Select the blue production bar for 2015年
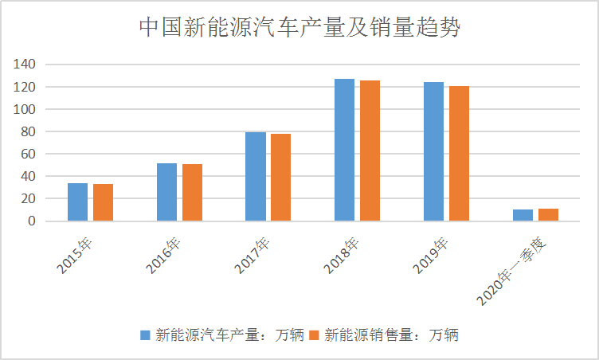(77, 202)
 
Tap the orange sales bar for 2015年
(103, 202)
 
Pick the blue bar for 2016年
(166, 192)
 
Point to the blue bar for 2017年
(256, 177)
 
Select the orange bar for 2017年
(281, 178)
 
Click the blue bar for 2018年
(345, 150)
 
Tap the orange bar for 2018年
(370, 151)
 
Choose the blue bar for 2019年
(434, 151)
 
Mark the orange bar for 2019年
(460, 154)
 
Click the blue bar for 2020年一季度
(523, 215)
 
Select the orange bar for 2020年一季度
(549, 215)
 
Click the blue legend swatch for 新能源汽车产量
(145, 335)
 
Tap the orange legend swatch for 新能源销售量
(315, 335)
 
